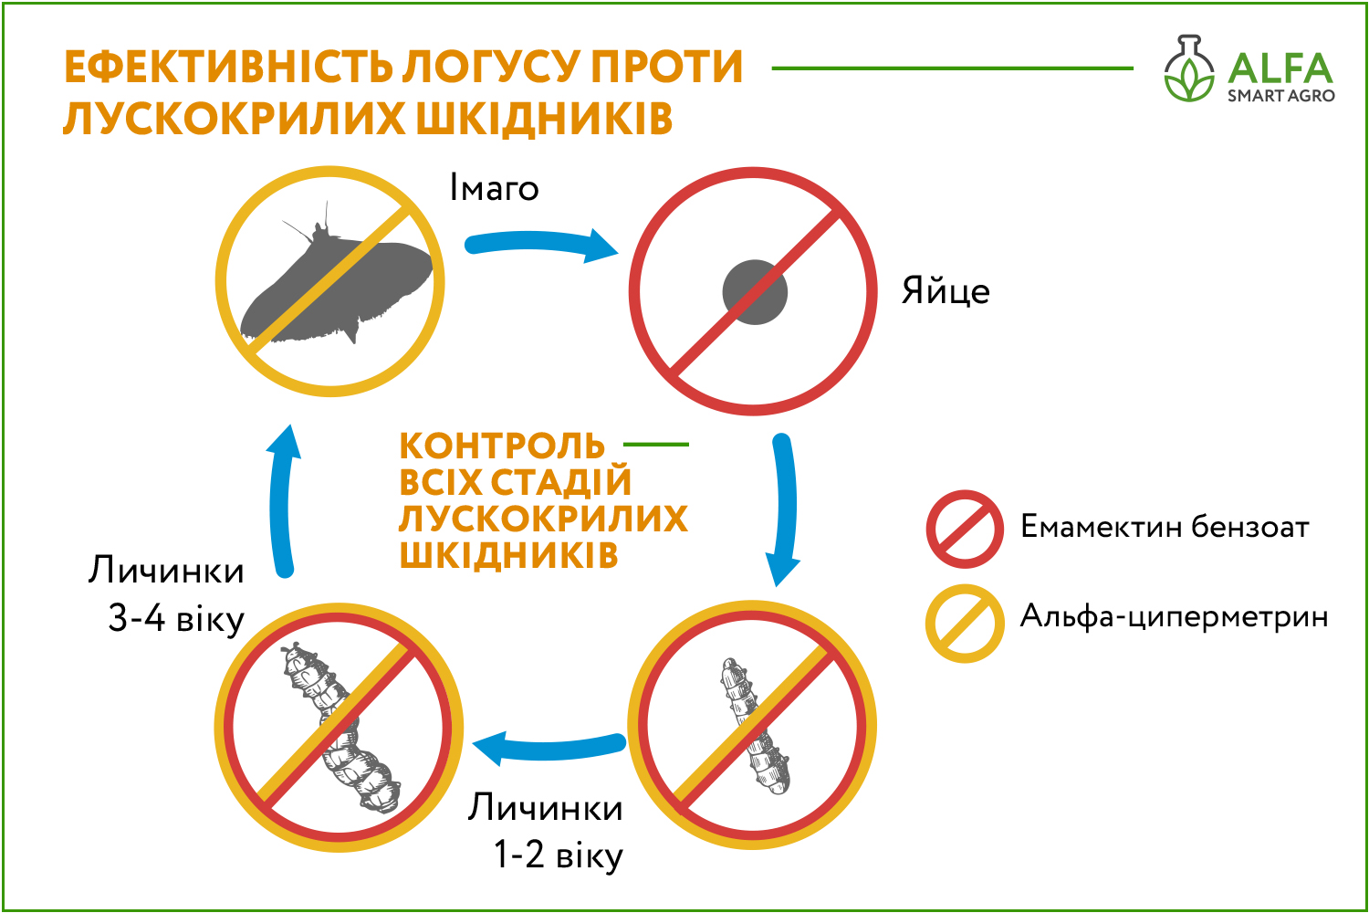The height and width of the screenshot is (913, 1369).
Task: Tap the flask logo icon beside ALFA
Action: click(x=1188, y=68)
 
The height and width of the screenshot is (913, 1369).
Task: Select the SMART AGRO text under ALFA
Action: click(x=1281, y=96)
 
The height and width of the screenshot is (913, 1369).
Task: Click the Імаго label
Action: click(x=494, y=187)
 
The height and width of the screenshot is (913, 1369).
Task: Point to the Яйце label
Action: click(x=946, y=291)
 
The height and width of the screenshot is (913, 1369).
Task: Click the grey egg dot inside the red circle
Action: click(x=755, y=292)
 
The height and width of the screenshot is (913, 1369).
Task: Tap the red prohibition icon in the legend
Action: click(x=965, y=529)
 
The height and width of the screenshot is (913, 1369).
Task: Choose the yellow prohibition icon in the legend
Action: click(x=965, y=624)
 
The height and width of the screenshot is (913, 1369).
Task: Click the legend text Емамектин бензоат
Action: click(x=1165, y=527)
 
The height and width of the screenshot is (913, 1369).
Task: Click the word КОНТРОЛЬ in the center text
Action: click(x=502, y=446)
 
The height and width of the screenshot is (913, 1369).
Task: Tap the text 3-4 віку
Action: click(x=176, y=619)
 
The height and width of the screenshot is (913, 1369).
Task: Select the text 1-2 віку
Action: click(x=558, y=855)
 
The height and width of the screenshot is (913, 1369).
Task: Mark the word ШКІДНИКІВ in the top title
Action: click(x=545, y=118)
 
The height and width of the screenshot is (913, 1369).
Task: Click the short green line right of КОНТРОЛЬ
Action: click(x=656, y=445)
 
